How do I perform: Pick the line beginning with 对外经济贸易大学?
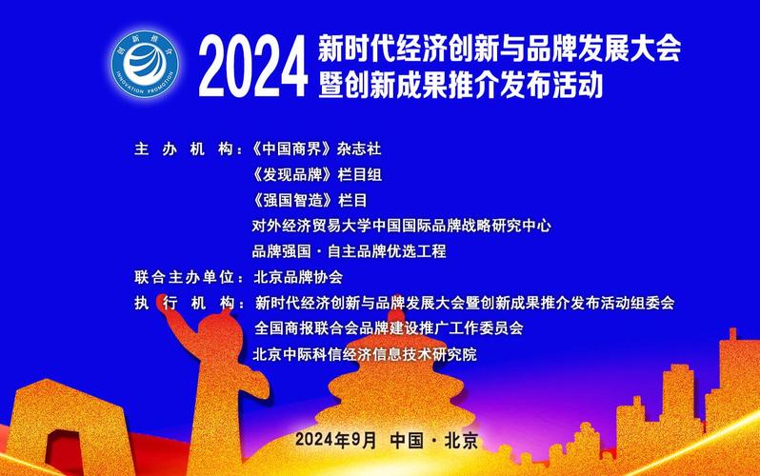pyautogui.click(x=402, y=226)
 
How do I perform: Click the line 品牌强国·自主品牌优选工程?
pyautogui.click(x=349, y=251)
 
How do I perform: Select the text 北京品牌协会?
pyautogui.click(x=298, y=277)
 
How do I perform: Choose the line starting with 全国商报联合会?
pyautogui.click(x=388, y=328)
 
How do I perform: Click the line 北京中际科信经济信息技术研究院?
pyautogui.click(x=364, y=354)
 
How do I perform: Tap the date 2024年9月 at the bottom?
pyautogui.click(x=336, y=441)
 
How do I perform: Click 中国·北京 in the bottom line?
pyautogui.click(x=433, y=441)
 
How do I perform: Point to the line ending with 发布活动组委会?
pyautogui.click(x=464, y=303)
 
